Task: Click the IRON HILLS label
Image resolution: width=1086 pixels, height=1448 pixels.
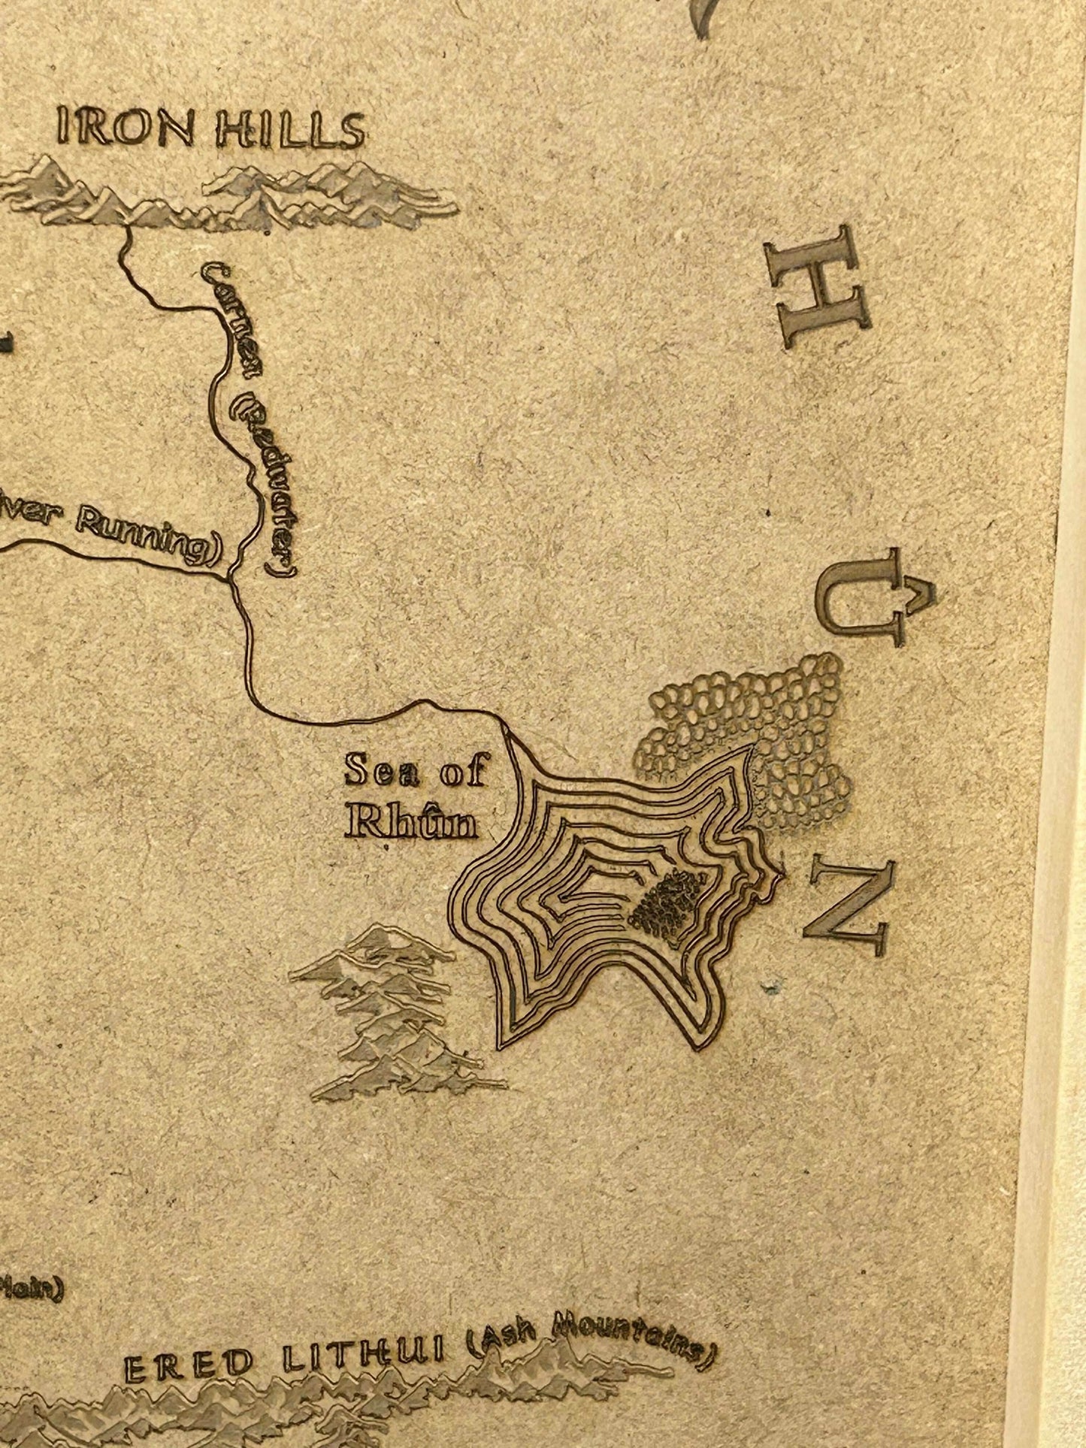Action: coord(211,130)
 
